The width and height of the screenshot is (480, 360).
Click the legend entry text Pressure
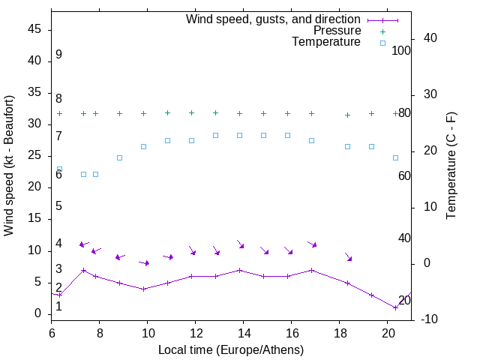pos(337,31)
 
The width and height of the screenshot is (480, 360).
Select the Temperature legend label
pos(326,43)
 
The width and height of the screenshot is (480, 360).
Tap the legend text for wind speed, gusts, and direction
pos(273,19)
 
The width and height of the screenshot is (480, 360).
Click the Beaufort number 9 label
pos(58,55)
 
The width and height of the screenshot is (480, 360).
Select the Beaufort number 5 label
pos(58,206)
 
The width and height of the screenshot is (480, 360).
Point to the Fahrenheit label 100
pos(402,50)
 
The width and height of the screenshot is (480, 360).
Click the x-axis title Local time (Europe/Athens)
pos(232,349)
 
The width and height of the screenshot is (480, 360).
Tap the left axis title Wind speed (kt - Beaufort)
pos(10,165)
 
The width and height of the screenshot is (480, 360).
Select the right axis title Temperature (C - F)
pos(451,165)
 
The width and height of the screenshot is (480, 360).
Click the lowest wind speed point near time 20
pos(395,307)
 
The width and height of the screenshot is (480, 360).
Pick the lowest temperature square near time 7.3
pos(83,174)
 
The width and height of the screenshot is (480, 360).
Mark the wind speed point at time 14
pos(239,270)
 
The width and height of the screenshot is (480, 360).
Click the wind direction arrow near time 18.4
pos(348,257)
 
